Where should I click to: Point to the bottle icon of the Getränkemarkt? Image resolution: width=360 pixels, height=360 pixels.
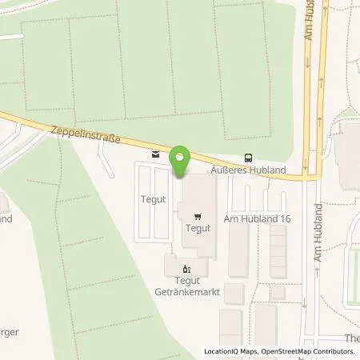(186, 269)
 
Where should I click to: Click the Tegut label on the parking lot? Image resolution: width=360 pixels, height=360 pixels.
(154, 200)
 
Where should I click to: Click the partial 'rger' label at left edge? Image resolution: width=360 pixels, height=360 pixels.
(8, 331)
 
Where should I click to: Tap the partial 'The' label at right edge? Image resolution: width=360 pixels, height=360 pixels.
(352, 338)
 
